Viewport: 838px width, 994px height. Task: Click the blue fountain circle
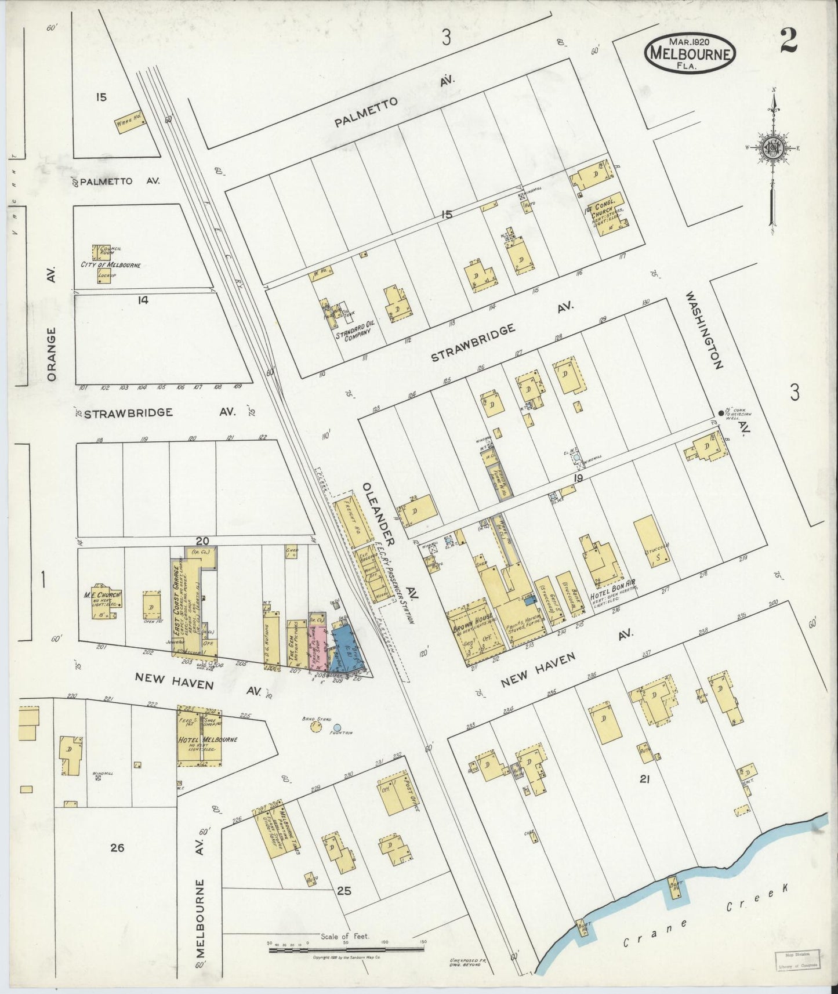337,727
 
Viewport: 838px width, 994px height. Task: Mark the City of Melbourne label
111,265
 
